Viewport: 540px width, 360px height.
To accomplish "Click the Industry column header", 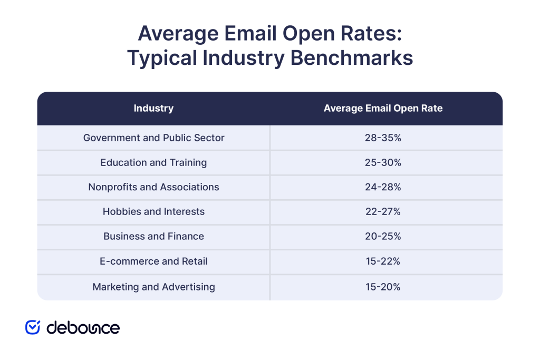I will tap(153, 109).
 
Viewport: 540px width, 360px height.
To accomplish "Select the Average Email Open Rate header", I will tap(383, 109).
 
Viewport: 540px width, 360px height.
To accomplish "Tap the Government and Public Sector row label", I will tap(153, 138).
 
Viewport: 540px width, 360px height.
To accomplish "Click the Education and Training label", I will tap(153, 162).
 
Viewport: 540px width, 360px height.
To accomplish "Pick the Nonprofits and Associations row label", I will tap(153, 187).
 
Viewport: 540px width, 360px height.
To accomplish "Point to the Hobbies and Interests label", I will tap(153, 212).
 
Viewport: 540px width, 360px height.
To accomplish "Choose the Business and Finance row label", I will tap(153, 237).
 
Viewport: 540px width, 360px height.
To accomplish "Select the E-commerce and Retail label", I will tap(153, 261).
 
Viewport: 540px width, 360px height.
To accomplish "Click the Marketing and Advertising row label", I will tap(153, 287).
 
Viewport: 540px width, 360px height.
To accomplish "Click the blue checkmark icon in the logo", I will tap(33, 327).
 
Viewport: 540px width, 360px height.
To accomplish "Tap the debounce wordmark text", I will tap(83, 327).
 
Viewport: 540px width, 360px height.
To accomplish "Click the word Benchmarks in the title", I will tap(352, 58).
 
